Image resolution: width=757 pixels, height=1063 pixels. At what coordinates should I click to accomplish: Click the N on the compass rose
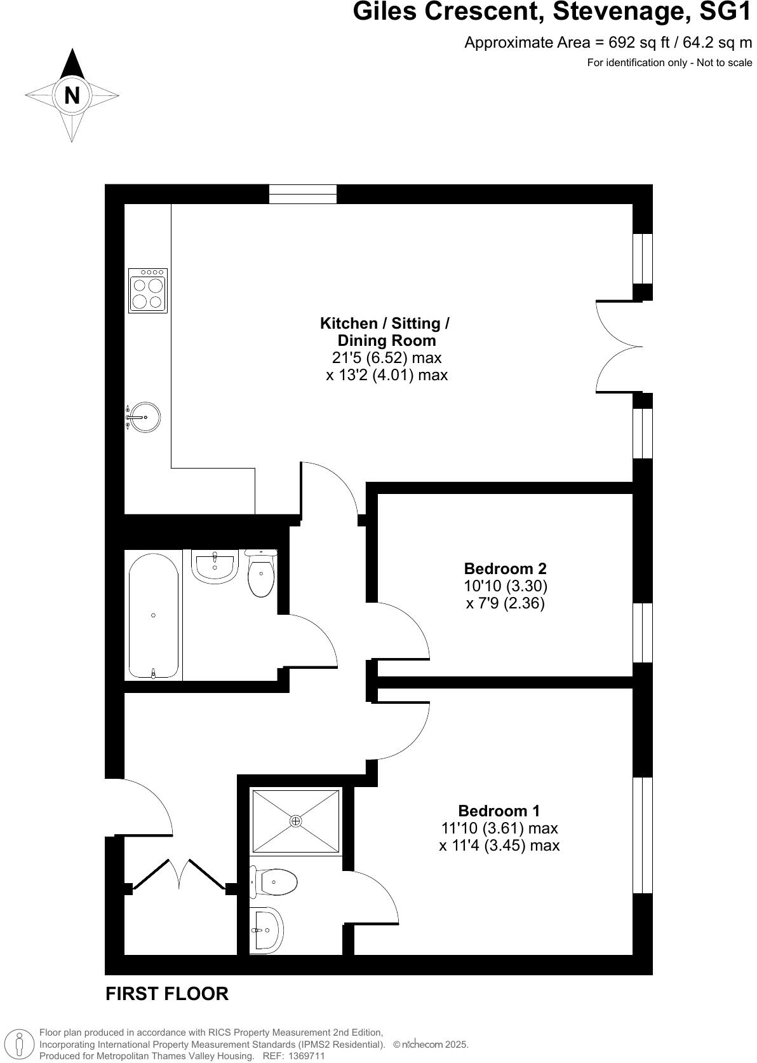pyautogui.click(x=72, y=95)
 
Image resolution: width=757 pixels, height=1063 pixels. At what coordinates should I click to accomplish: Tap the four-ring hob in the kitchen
pyautogui.click(x=148, y=291)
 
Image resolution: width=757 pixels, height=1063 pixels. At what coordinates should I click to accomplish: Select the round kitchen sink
pyautogui.click(x=145, y=417)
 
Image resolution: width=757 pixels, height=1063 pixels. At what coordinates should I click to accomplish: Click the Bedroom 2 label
pyautogui.click(x=505, y=568)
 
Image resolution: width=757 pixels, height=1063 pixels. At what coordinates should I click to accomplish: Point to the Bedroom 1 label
pyautogui.click(x=499, y=811)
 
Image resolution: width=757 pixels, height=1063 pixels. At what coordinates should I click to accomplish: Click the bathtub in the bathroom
pyautogui.click(x=153, y=615)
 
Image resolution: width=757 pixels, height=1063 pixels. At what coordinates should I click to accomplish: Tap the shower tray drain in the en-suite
pyautogui.click(x=296, y=821)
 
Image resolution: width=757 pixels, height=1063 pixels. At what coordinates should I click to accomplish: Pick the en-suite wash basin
pyautogui.click(x=265, y=929)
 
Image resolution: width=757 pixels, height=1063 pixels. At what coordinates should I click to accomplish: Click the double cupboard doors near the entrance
pyautogui.click(x=180, y=875)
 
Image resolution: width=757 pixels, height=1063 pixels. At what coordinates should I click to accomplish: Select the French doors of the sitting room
pyautogui.click(x=619, y=346)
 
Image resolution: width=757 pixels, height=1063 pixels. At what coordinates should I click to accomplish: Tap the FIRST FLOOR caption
pyautogui.click(x=166, y=994)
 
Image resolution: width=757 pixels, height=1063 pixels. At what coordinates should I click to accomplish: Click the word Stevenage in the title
pyautogui.click(x=623, y=12)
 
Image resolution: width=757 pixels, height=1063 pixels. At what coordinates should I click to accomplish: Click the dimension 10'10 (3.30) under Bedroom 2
pyautogui.click(x=505, y=586)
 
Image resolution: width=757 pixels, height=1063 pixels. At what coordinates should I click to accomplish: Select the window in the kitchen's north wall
pyautogui.click(x=302, y=194)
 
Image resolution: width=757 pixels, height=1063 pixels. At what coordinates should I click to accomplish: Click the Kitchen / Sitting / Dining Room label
pyautogui.click(x=385, y=331)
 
